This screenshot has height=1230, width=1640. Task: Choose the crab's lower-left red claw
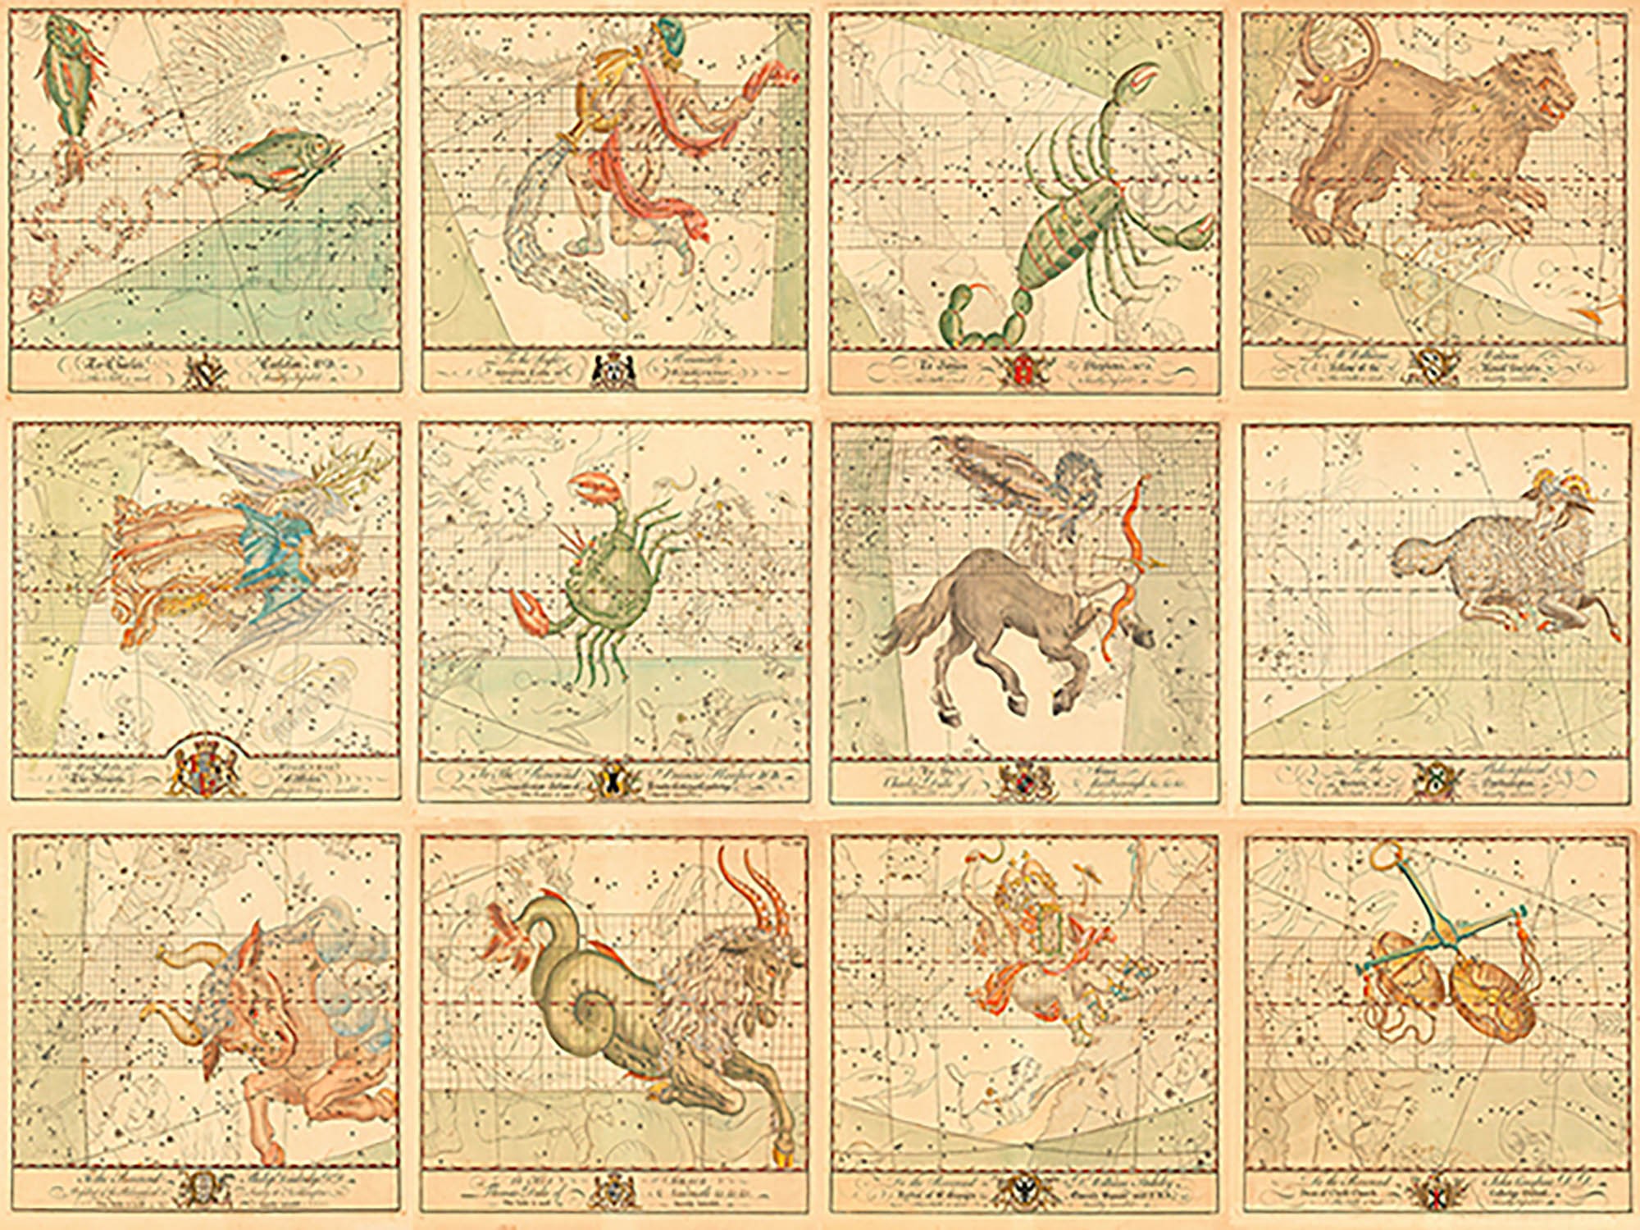[529, 611]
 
